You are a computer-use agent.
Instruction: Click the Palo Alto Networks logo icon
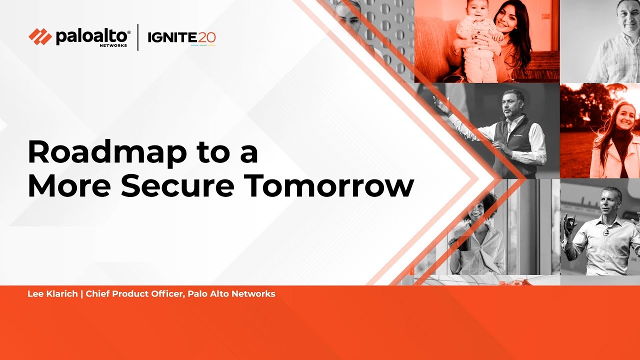click(x=40, y=36)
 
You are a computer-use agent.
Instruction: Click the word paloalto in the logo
click(x=93, y=36)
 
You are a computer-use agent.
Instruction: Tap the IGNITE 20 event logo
click(x=181, y=37)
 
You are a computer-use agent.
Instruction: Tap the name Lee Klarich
click(x=52, y=294)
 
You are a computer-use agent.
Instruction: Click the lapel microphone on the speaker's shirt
click(x=606, y=232)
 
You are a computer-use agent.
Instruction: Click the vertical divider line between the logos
click(x=138, y=37)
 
